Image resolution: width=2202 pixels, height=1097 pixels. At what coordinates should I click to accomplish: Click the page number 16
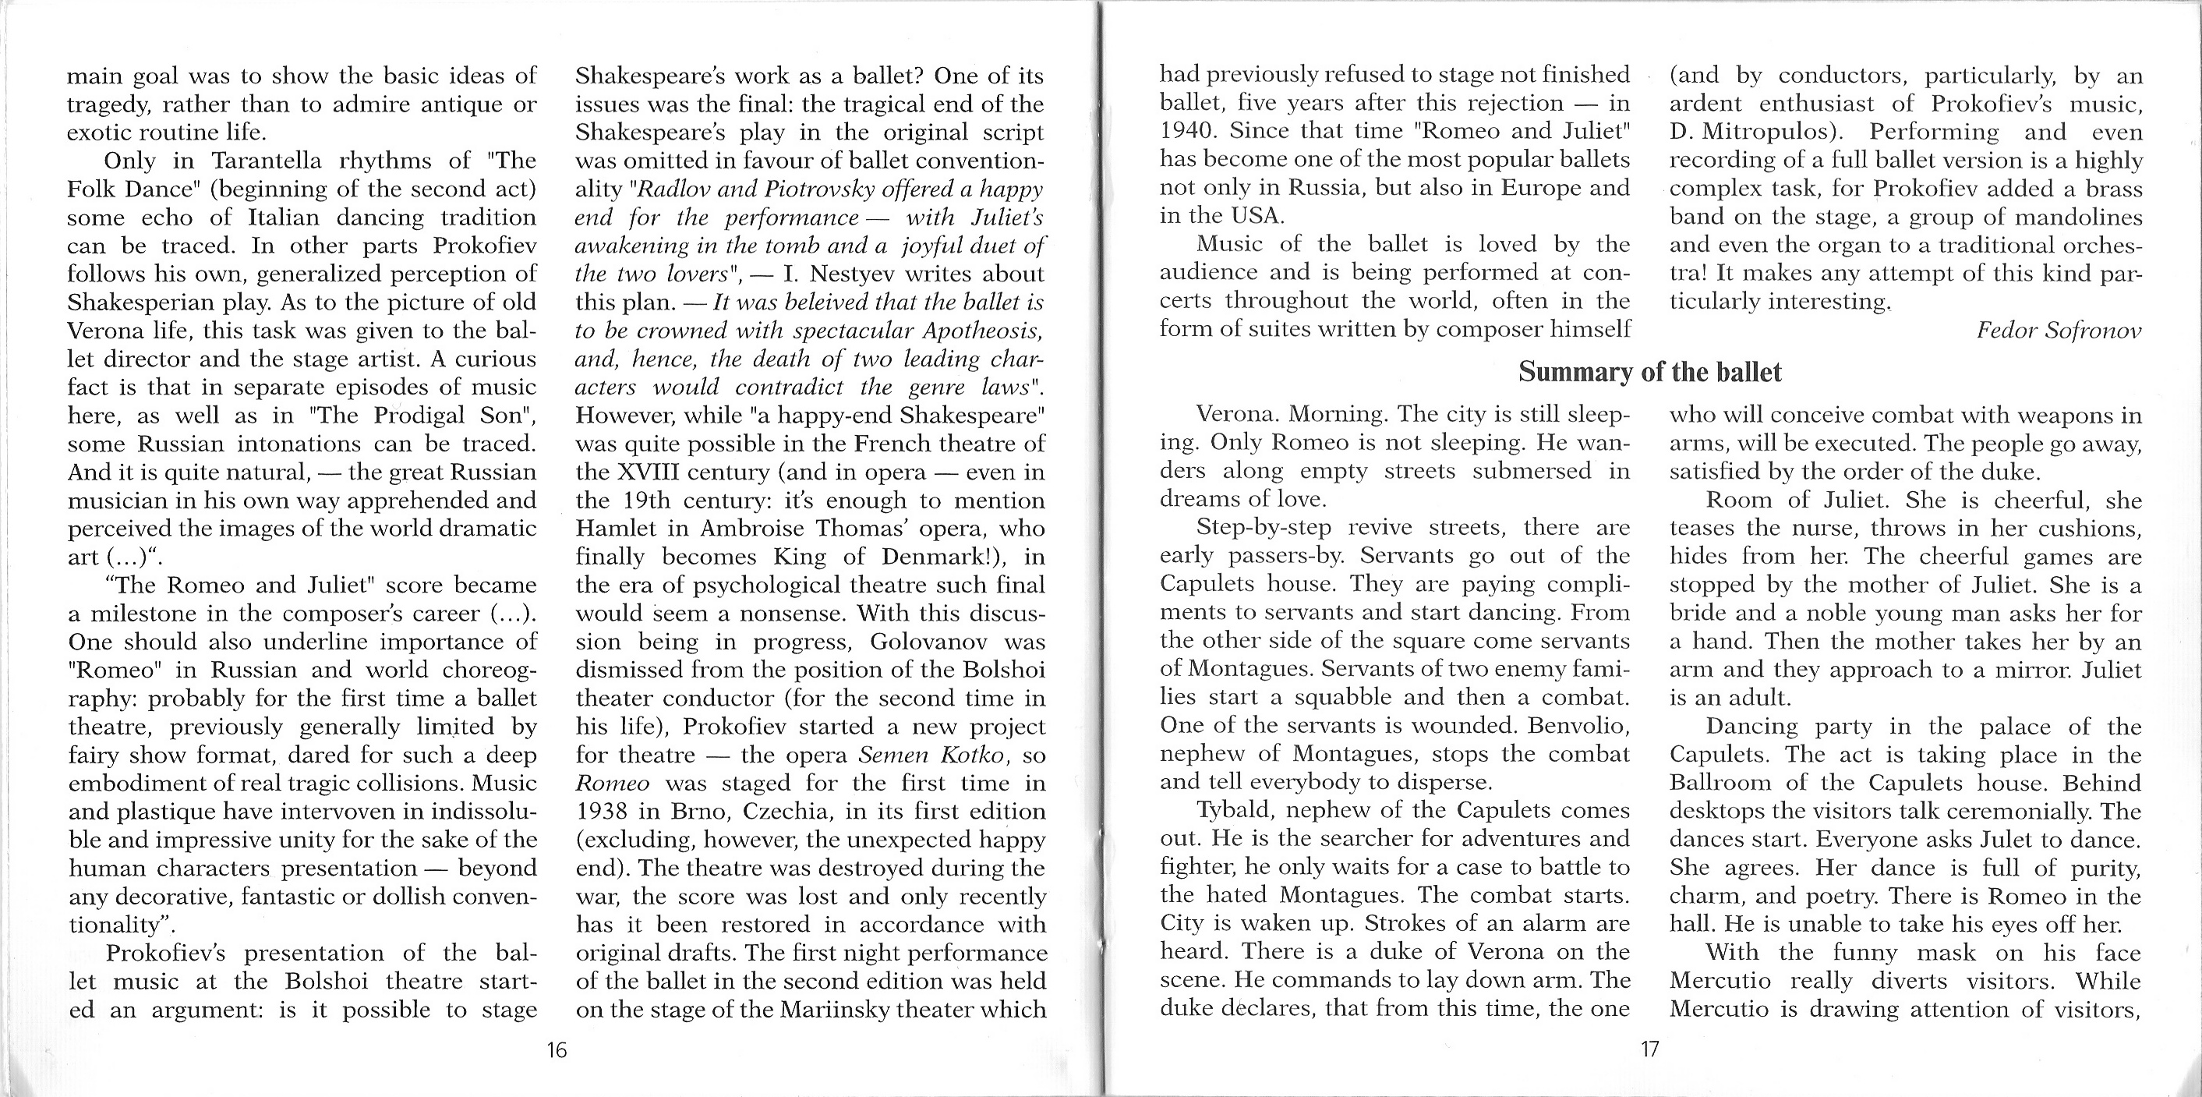557,1050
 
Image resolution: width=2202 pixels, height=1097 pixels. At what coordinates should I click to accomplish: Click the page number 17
1650,1049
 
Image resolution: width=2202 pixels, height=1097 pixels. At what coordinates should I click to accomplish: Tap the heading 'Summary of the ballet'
1650,372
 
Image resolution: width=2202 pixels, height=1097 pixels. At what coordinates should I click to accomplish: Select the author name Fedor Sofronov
2059,330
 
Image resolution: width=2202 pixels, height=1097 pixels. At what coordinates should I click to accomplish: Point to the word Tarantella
263,161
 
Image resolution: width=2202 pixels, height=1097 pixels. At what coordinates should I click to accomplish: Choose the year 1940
1187,132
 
